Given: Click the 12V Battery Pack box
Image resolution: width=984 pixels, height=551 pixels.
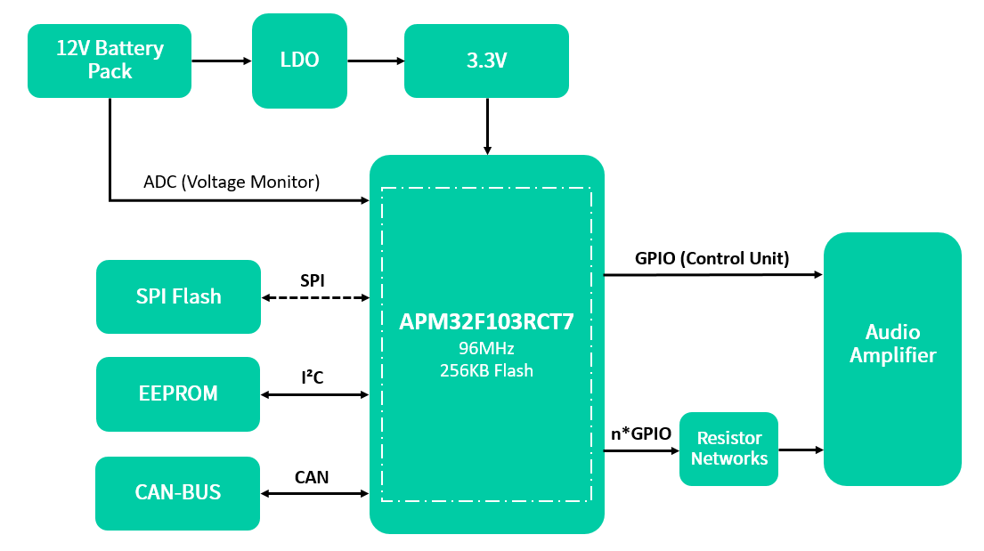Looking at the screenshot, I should [x=110, y=61].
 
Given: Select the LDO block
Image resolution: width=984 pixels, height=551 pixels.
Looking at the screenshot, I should [x=299, y=61].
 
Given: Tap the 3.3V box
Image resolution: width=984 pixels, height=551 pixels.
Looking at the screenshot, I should [x=486, y=61].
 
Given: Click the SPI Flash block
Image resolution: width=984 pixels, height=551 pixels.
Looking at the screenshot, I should [x=178, y=296].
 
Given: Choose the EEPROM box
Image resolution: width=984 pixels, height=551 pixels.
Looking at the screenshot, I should [x=178, y=393].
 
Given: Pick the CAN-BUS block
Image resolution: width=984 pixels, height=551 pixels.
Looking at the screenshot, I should [x=178, y=492].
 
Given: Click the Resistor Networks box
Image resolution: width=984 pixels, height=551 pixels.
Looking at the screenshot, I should [x=728, y=449].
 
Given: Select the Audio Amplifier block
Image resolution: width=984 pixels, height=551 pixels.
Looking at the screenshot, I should [x=892, y=344].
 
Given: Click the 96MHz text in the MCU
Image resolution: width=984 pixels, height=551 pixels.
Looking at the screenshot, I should [x=486, y=348].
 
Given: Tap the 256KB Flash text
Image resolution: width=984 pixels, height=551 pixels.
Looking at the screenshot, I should [x=486, y=370].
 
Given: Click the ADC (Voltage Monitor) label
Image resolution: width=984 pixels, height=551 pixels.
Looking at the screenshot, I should [x=231, y=182].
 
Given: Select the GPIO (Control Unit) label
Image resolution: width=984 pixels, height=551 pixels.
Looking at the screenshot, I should [x=712, y=259].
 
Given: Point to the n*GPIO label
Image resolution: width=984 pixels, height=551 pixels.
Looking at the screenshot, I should [x=640, y=434].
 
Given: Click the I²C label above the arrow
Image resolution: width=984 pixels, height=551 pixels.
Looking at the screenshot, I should [x=312, y=378].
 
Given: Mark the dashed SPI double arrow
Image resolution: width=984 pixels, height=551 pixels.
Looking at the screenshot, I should [x=315, y=297].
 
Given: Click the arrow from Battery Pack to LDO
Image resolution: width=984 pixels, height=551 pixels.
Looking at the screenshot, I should [x=222, y=61].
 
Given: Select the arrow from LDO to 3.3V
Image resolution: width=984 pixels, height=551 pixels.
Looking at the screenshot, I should [x=375, y=61].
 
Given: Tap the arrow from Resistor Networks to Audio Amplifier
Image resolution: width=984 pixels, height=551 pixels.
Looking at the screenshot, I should [x=801, y=450].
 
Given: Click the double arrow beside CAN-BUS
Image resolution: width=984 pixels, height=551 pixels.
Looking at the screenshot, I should [x=315, y=492].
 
